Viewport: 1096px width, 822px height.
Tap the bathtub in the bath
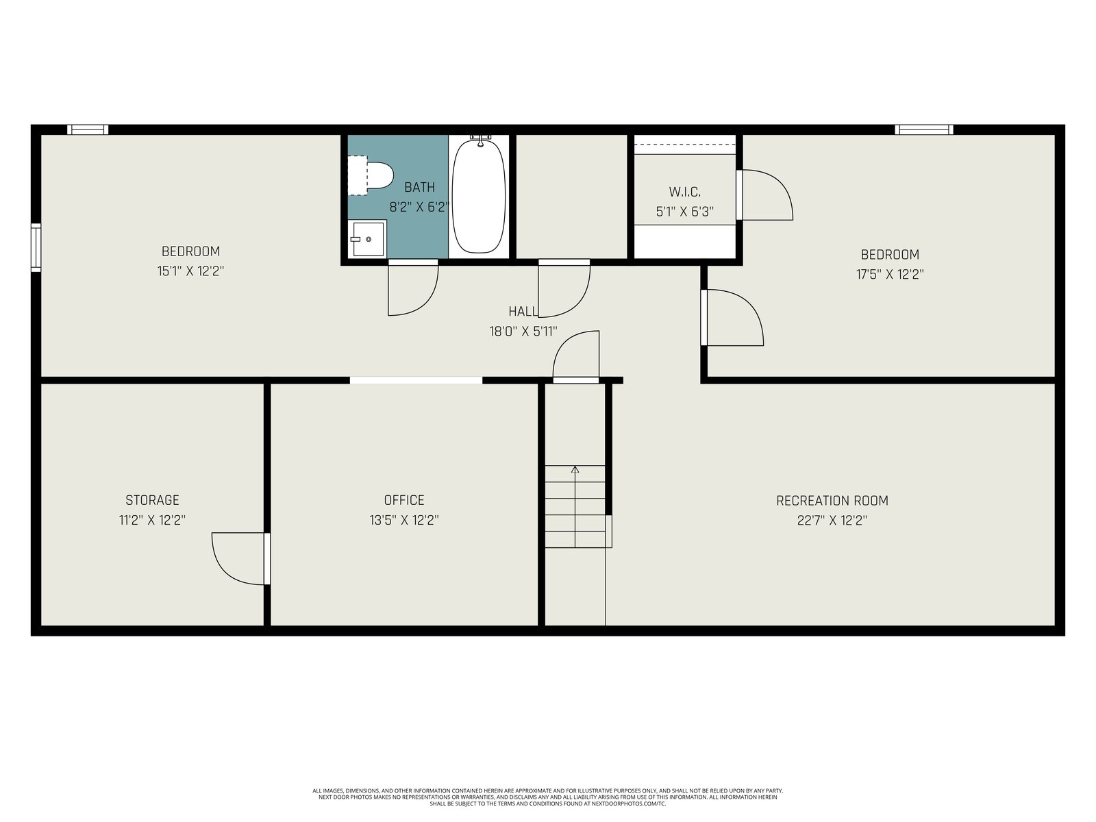pos(478,196)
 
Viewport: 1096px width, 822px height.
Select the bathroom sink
pos(368,239)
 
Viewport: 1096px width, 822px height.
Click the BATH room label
pos(419,187)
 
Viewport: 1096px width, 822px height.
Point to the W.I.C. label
pos(684,192)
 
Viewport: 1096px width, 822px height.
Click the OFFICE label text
pos(404,500)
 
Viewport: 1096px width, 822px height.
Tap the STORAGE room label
pos(152,500)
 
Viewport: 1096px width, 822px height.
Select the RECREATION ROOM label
pos(832,501)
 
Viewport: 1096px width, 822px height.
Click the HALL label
pos(523,312)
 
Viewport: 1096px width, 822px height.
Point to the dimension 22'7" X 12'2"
pos(832,521)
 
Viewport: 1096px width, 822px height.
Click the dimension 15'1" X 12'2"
pos(190,271)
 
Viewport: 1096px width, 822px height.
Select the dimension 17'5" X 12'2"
pos(890,275)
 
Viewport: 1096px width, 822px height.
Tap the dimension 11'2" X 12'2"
pos(152,520)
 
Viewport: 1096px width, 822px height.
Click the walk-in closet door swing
pos(780,185)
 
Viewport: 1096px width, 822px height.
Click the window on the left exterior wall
pos(36,247)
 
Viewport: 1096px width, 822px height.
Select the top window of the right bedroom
pos(924,129)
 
